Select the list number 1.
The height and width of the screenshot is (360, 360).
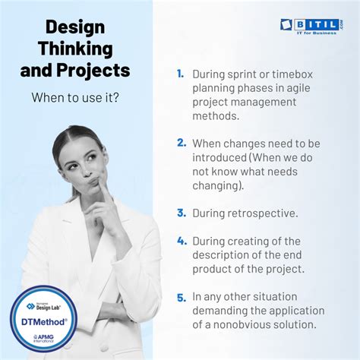(181, 74)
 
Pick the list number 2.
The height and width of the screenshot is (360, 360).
(182, 142)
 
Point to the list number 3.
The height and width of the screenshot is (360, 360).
(182, 213)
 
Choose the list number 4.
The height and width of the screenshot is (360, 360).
(182, 240)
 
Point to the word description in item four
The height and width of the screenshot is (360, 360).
(225, 254)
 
